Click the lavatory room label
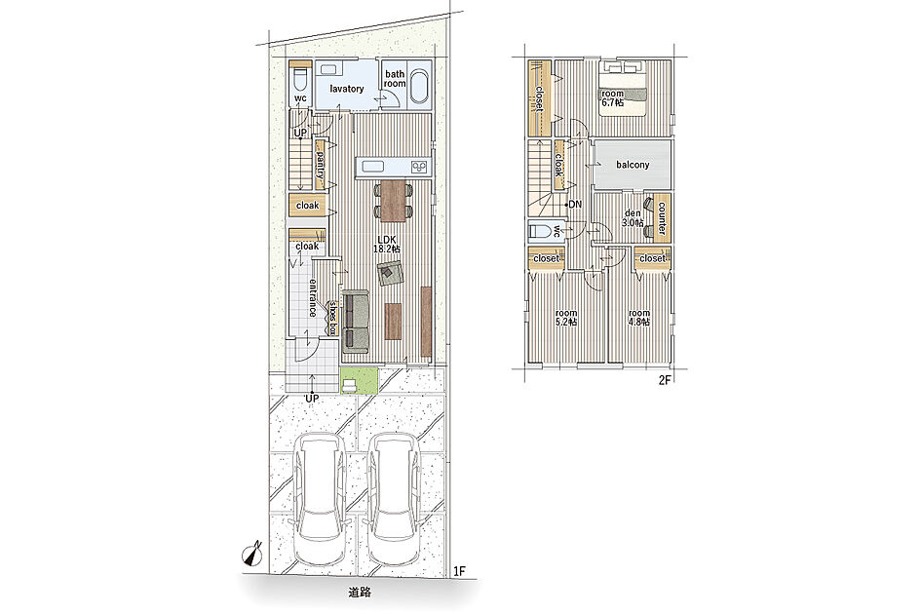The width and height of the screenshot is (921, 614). coord(347,89)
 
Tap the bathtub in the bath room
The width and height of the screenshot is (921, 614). coord(418,89)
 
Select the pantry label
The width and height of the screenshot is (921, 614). coord(321,165)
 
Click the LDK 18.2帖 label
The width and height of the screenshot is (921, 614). coord(387,244)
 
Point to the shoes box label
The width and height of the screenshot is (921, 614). coord(333,318)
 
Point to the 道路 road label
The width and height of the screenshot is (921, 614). coord(360,593)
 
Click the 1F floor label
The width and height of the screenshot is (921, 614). coord(459,570)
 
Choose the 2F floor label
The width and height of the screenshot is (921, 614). coord(665,380)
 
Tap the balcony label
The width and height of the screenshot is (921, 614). coord(633,165)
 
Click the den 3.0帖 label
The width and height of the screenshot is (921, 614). coord(633,218)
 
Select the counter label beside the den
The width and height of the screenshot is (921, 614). coord(662,218)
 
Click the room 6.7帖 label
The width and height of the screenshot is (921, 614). coord(612,97)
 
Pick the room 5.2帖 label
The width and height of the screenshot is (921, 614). coord(566,318)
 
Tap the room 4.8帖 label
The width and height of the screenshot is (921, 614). coord(639,318)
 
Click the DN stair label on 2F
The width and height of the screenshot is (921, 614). coord(575,205)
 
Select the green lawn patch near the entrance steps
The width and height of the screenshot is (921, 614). coord(359,380)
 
